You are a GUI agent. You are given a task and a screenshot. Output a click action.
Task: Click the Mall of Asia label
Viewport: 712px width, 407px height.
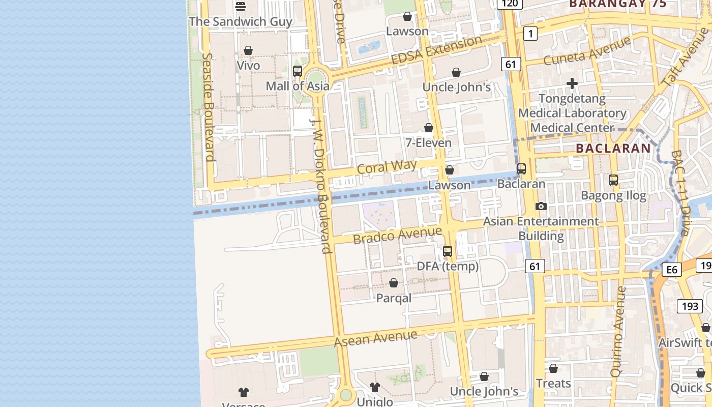(x=298, y=86)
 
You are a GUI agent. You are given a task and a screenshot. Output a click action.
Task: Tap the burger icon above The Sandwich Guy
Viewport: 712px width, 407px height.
(x=241, y=6)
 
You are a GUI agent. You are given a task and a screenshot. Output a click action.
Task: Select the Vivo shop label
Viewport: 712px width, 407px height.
(x=248, y=66)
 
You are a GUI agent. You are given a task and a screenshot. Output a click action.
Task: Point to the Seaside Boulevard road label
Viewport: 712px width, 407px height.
(x=207, y=107)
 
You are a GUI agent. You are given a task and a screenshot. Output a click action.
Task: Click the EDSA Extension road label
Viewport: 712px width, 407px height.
(x=436, y=50)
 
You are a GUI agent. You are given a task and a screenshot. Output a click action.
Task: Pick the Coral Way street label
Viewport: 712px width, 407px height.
(x=387, y=167)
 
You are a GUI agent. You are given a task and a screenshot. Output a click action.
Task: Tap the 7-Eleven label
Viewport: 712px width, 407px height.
(x=428, y=143)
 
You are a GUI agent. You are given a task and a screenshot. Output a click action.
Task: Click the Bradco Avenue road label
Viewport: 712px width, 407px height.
(x=397, y=235)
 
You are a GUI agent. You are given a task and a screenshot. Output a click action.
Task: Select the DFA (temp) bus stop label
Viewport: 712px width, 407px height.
(x=448, y=266)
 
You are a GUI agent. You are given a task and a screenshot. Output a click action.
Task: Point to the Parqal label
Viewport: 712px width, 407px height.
(x=394, y=298)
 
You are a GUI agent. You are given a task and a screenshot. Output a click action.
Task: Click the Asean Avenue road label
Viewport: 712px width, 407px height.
(x=376, y=338)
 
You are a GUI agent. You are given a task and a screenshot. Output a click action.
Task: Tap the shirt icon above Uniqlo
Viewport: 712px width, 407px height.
(x=375, y=387)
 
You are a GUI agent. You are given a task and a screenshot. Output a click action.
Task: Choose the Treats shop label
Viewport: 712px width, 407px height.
(x=553, y=383)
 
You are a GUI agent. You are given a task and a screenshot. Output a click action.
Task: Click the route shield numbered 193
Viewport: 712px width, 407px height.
(x=690, y=306)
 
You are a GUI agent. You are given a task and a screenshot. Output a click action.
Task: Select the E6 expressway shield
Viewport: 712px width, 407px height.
(x=671, y=270)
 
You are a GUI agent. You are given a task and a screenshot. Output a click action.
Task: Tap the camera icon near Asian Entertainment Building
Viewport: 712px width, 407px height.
(x=541, y=206)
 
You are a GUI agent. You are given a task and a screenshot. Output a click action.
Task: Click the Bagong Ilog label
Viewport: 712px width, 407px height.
(x=613, y=195)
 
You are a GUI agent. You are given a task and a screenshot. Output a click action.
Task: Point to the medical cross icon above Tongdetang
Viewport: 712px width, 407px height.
(x=572, y=83)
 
